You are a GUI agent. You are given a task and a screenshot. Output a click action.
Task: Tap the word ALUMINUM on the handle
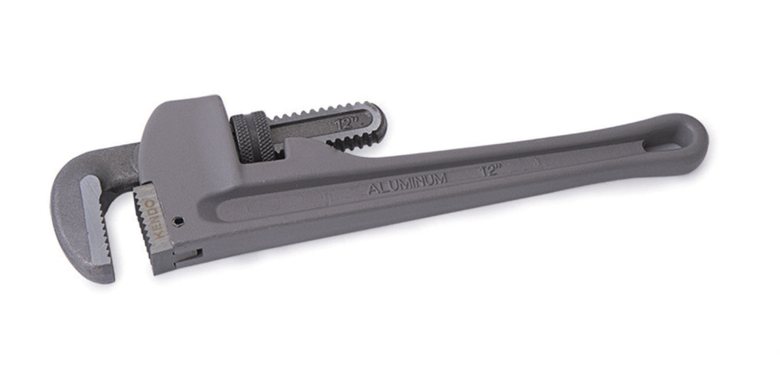pyautogui.click(x=407, y=183)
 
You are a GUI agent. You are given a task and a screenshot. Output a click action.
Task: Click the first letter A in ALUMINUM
pyautogui.click(x=373, y=189)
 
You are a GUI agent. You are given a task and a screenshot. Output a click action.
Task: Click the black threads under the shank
pyautogui.click(x=351, y=142)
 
